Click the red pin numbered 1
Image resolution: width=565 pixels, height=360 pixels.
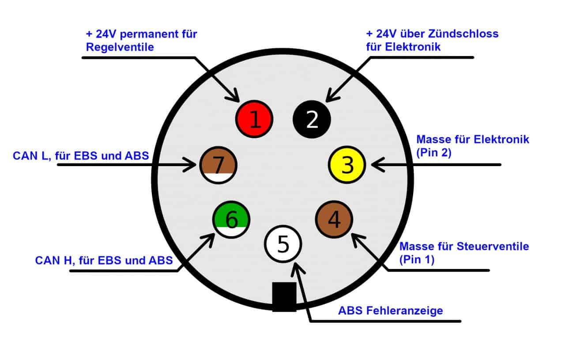coord(254,119)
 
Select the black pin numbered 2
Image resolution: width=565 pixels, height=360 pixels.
coord(312,119)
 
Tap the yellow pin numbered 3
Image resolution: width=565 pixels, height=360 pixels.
coord(347,165)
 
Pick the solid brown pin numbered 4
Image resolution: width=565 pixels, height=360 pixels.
coord(334,220)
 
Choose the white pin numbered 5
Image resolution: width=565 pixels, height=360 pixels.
coord(283,244)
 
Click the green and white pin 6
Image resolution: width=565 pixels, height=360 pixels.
coord(231,220)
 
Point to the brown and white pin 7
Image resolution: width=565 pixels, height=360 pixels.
coord(218,165)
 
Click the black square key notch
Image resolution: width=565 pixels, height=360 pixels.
coord(284,297)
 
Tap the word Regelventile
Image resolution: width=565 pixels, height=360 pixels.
coord(120,47)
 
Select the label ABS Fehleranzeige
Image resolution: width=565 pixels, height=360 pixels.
coord(391,311)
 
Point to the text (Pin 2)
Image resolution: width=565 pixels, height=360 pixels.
coord(433,152)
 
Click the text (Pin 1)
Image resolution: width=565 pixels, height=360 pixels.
coord(417,260)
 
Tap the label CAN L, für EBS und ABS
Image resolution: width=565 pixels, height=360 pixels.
coord(81,156)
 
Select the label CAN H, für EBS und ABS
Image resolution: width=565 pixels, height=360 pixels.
coord(104,261)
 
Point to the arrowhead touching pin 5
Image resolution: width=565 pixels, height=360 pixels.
coord(297,268)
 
